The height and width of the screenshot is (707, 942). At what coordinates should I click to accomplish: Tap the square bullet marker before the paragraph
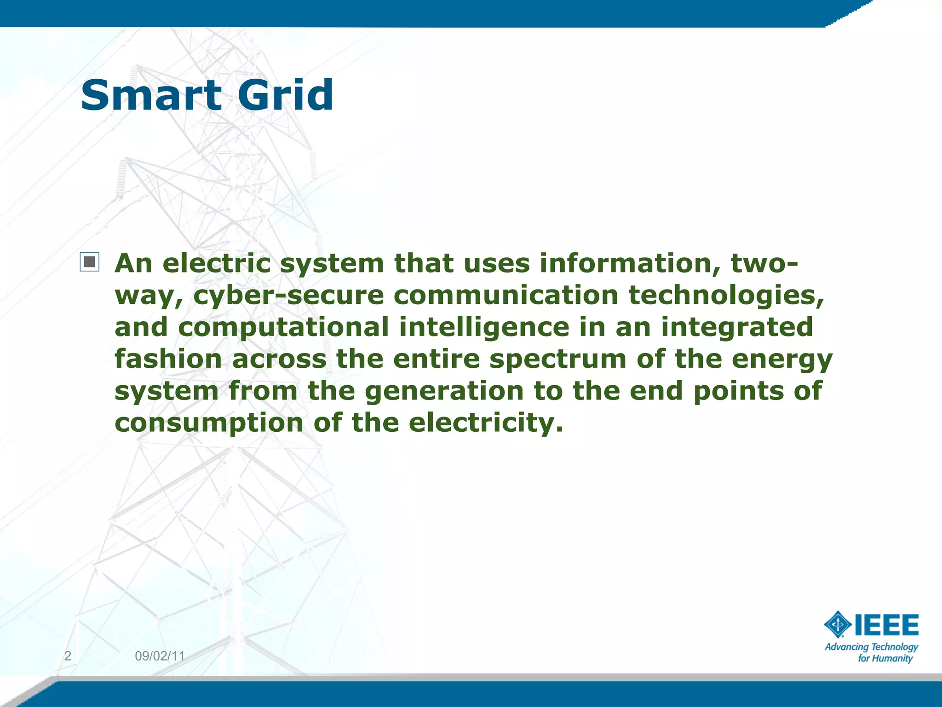(x=90, y=262)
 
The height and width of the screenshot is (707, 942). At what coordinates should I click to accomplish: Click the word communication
(x=506, y=295)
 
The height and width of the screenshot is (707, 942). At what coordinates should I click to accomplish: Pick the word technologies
(x=726, y=296)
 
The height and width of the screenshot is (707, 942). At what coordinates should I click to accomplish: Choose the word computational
(x=283, y=328)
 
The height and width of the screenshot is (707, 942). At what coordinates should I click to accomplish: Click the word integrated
(x=737, y=328)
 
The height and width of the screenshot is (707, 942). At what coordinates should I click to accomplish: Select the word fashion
(x=168, y=359)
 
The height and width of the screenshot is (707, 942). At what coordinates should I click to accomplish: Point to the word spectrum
(x=557, y=360)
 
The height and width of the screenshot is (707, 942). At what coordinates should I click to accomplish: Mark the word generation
(x=444, y=391)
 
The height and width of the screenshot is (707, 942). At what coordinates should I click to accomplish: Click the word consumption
(x=209, y=423)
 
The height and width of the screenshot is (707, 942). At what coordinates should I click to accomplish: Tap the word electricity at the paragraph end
(x=485, y=423)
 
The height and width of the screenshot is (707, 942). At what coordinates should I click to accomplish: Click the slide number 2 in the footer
(x=68, y=656)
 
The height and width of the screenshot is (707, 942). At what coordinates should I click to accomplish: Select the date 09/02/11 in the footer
(x=160, y=656)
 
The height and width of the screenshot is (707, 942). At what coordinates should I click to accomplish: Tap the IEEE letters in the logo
(x=886, y=625)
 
